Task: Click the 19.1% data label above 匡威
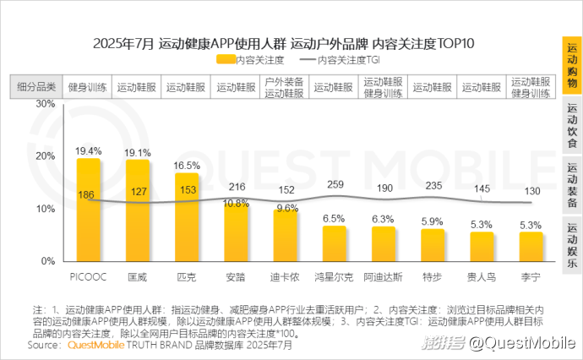138,152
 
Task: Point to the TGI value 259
335,184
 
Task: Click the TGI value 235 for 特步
433,186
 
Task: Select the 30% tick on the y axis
45,104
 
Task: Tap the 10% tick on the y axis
45,209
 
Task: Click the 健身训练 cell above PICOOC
87,87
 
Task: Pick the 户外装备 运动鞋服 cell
285,87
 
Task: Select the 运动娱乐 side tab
572,243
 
